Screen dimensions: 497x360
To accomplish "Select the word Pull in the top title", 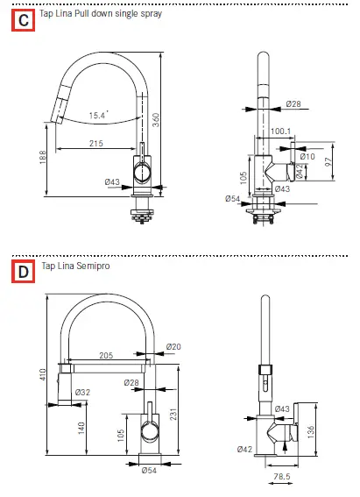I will pyautogui.click(x=82, y=14).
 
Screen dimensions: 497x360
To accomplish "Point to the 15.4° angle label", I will pyautogui.click(x=98, y=114).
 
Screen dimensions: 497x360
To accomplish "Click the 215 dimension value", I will pyautogui.click(x=96, y=142).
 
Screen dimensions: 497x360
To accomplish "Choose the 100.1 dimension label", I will pyautogui.click(x=280, y=131).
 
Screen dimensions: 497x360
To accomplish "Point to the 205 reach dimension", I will pyautogui.click(x=108, y=356).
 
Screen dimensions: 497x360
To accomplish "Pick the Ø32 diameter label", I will pyautogui.click(x=81, y=392).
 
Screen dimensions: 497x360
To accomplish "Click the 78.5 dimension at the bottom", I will pyautogui.click(x=281, y=478).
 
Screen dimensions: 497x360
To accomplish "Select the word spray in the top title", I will pyautogui.click(x=150, y=14).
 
